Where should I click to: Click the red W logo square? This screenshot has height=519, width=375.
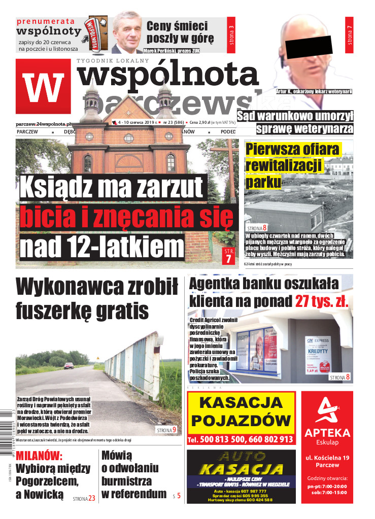(43, 87)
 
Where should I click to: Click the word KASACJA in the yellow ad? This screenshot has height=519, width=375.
(241, 403)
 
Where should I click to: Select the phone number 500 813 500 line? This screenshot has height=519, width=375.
(241, 439)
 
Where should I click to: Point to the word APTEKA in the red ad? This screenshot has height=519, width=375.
(327, 433)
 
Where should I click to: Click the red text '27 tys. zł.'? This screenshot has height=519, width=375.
(322, 301)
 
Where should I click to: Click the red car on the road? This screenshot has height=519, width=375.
(69, 365)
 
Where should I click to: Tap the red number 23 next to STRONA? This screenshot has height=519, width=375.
(91, 498)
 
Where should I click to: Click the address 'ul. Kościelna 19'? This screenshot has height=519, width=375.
(327, 458)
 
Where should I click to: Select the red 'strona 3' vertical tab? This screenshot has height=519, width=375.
(232, 36)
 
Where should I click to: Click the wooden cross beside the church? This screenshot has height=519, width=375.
(232, 167)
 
